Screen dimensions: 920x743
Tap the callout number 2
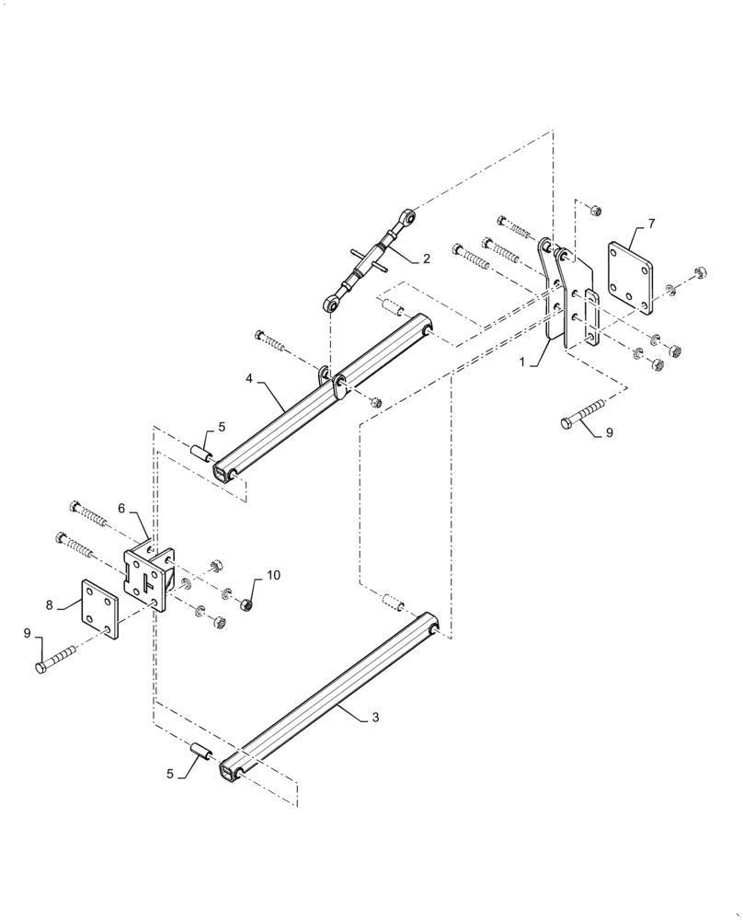[426, 259]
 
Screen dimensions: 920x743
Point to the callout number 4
[248, 376]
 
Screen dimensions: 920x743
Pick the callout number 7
[651, 224]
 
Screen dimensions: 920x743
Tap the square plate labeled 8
[99, 609]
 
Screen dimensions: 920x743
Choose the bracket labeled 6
[149, 577]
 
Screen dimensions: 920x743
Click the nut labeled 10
[246, 605]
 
